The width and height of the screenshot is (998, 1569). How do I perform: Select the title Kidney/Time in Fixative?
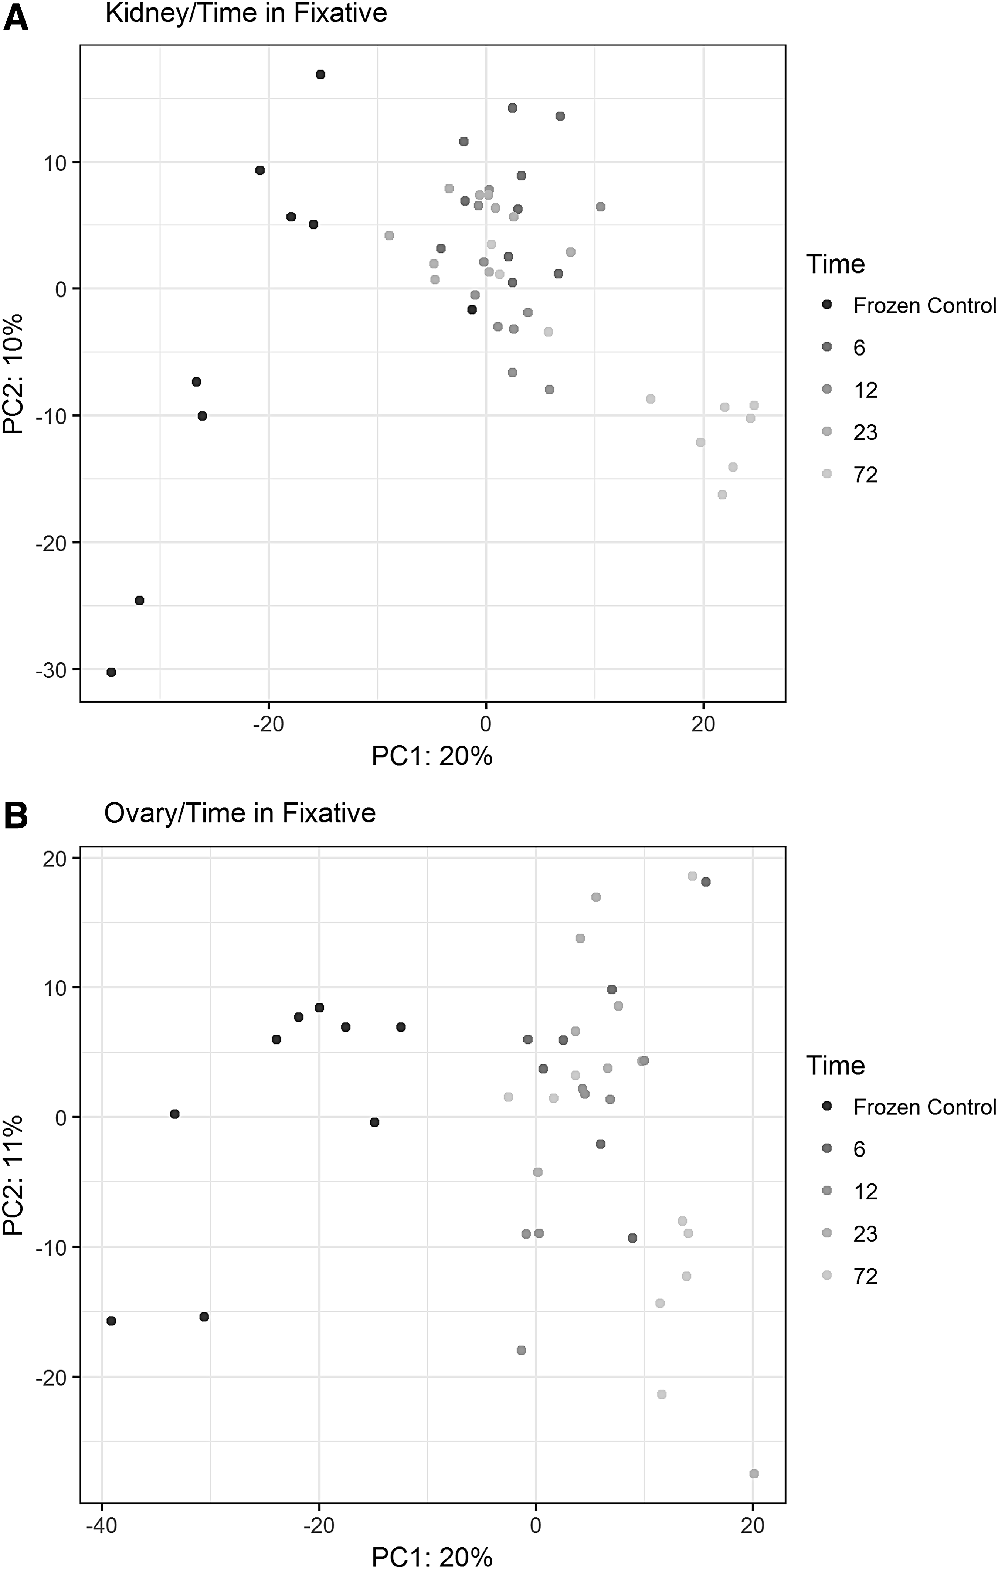click(246, 14)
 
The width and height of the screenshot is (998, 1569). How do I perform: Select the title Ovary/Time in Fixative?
click(240, 813)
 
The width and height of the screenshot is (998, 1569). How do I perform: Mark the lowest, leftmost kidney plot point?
click(111, 672)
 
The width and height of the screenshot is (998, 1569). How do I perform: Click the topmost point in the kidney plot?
click(320, 74)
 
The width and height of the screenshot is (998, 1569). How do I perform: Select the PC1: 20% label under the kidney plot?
click(432, 756)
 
